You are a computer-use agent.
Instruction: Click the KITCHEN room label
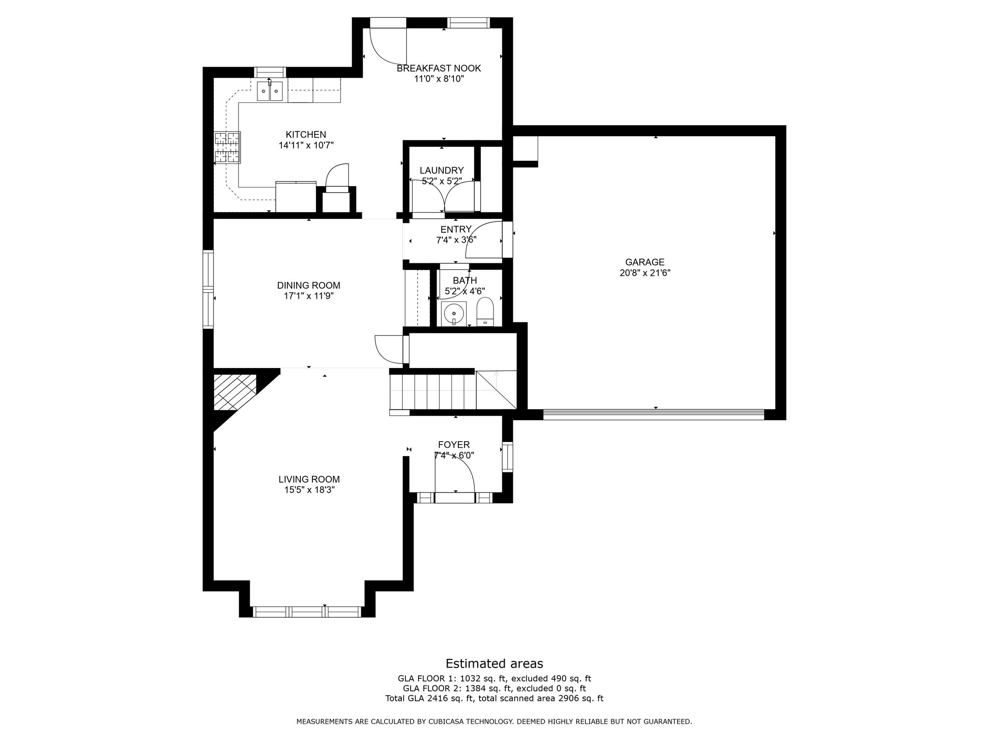tap(306, 135)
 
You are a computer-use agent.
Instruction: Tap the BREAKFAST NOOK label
tap(438, 69)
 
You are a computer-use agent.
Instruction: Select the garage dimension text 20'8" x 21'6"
tap(645, 273)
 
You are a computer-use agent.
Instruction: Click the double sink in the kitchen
tap(269, 91)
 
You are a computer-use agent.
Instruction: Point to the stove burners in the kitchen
tap(227, 148)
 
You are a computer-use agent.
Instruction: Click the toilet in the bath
tap(484, 311)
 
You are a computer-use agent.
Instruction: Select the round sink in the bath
tap(454, 313)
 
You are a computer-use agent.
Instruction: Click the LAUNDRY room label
tap(441, 171)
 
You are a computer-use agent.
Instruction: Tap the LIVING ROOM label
tap(309, 479)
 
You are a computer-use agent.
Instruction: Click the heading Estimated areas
tap(494, 663)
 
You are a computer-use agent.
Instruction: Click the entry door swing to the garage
tap(483, 240)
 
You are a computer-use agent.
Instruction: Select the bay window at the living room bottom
tap(308, 612)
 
